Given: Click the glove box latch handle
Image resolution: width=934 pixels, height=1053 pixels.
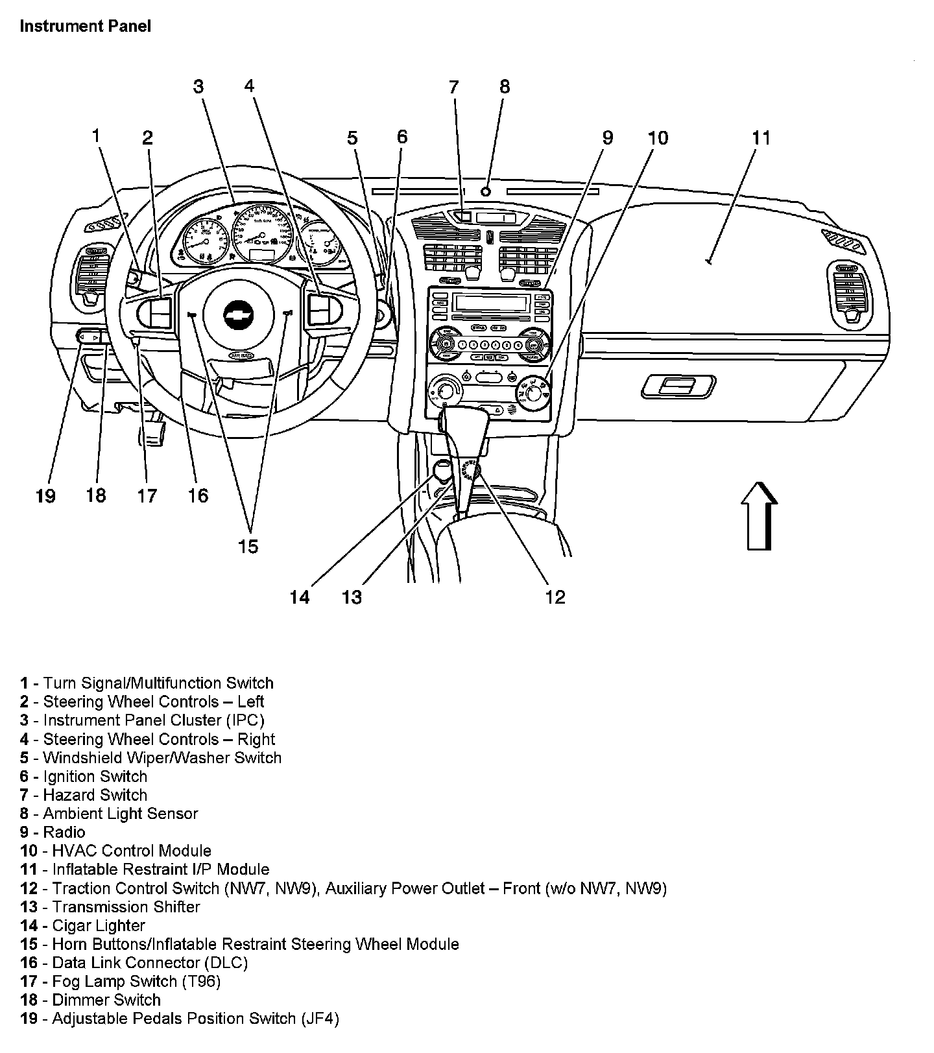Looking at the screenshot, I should click(x=678, y=387).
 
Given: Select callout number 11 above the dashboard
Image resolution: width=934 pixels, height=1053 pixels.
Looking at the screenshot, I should click(x=761, y=138).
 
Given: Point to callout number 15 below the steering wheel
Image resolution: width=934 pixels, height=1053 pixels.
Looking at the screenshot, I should click(x=248, y=547).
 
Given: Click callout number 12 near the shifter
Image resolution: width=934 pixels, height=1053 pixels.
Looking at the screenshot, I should click(x=555, y=597).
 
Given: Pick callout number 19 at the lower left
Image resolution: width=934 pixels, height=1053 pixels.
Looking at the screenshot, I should click(x=45, y=496).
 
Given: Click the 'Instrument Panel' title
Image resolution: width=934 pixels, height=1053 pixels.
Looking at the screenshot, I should click(x=85, y=26).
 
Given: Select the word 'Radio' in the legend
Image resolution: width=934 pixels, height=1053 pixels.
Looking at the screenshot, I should click(x=64, y=832).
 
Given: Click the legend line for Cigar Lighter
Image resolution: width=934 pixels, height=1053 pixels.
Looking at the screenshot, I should click(x=82, y=925).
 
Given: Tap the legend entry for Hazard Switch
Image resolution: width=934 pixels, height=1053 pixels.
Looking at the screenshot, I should click(x=84, y=795).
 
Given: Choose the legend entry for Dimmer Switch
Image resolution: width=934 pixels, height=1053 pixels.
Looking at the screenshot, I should click(x=90, y=1000).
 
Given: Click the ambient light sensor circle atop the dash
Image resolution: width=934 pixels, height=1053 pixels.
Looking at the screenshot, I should click(x=486, y=191).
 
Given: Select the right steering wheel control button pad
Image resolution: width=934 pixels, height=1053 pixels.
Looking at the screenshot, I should click(x=321, y=309).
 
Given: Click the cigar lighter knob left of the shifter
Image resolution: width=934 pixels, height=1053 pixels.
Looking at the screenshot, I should click(x=442, y=470).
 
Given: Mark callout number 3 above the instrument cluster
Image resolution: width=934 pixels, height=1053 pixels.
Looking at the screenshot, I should click(x=198, y=86).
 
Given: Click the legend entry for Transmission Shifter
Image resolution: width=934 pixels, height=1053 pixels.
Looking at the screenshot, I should click(x=110, y=906).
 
